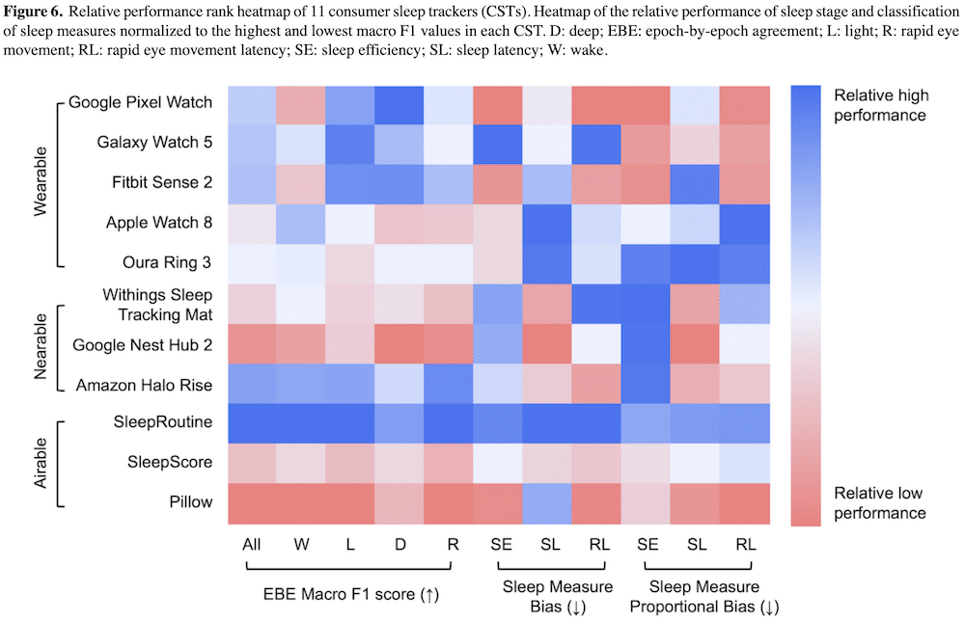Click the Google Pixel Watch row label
coord(141,102)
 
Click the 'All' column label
coord(253,545)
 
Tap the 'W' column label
coord(303,545)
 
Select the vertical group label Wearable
coord(41,182)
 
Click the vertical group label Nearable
coord(41,343)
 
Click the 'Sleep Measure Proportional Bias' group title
coord(703,597)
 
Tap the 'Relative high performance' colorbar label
coord(879,105)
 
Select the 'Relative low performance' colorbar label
coord(879,502)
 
